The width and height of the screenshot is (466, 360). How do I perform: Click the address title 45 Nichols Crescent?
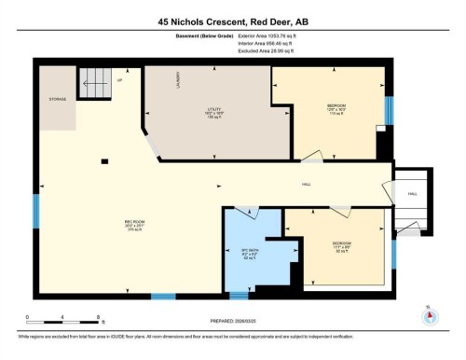coord(232,21)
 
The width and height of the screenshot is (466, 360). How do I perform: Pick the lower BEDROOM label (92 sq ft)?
coord(341,247)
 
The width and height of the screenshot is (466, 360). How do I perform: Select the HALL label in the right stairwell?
coord(412,194)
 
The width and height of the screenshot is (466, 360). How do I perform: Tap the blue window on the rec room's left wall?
coord(36,212)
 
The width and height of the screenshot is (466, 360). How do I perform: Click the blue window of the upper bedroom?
coord(388,111)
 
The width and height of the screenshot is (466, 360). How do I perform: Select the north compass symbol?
coord(428,314)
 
